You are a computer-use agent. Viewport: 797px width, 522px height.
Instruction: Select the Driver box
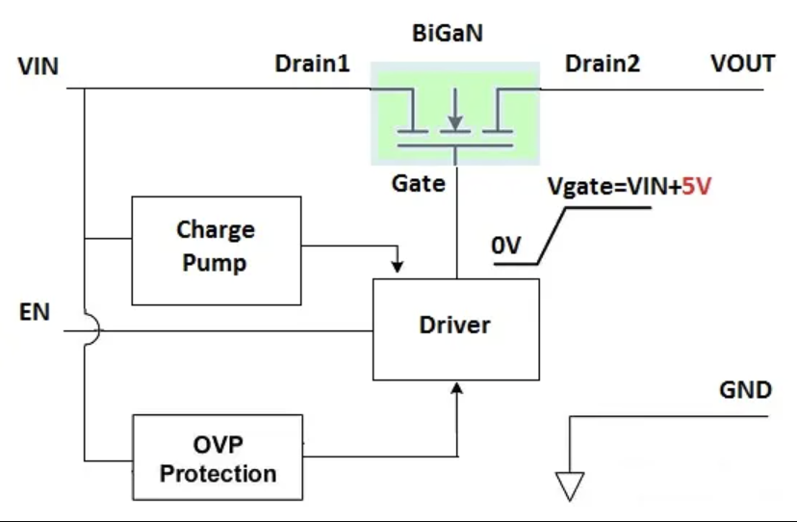pyautogui.click(x=455, y=327)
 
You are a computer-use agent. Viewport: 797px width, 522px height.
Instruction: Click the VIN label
pyautogui.click(x=38, y=66)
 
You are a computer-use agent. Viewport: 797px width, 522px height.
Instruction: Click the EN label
pyautogui.click(x=34, y=313)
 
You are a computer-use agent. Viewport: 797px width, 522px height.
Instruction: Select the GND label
pyautogui.click(x=745, y=391)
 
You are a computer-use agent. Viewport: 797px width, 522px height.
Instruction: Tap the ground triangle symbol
pyautogui.click(x=570, y=484)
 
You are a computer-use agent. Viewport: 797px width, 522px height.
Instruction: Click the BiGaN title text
pyautogui.click(x=448, y=34)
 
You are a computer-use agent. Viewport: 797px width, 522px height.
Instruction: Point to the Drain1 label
pyautogui.click(x=312, y=64)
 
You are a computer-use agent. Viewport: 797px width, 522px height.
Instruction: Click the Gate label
pyautogui.click(x=419, y=182)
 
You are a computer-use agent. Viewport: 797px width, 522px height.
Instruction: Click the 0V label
pyautogui.click(x=506, y=247)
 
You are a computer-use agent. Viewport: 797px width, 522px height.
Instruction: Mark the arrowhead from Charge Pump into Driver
pyautogui.click(x=398, y=264)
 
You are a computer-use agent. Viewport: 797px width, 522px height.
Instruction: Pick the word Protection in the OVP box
pyautogui.click(x=218, y=474)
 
